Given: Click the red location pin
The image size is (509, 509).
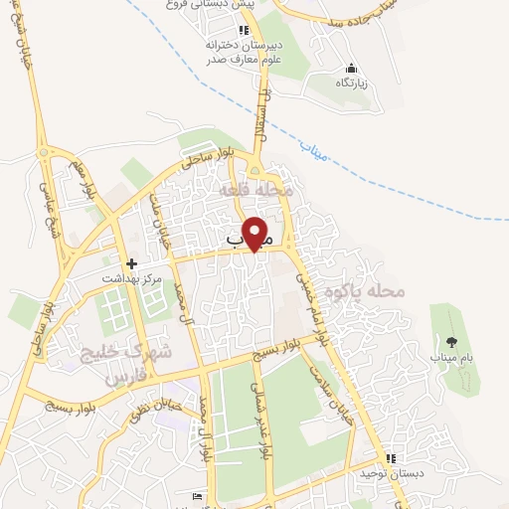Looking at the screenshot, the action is tap(256, 234).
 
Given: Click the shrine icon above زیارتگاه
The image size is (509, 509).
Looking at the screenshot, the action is tap(350, 68).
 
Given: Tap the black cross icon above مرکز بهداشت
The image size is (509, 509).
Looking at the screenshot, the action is tap(131, 264).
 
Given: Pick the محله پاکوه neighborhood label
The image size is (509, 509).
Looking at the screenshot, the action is tap(374, 292).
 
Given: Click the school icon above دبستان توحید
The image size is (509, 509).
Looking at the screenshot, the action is tap(390, 459).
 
